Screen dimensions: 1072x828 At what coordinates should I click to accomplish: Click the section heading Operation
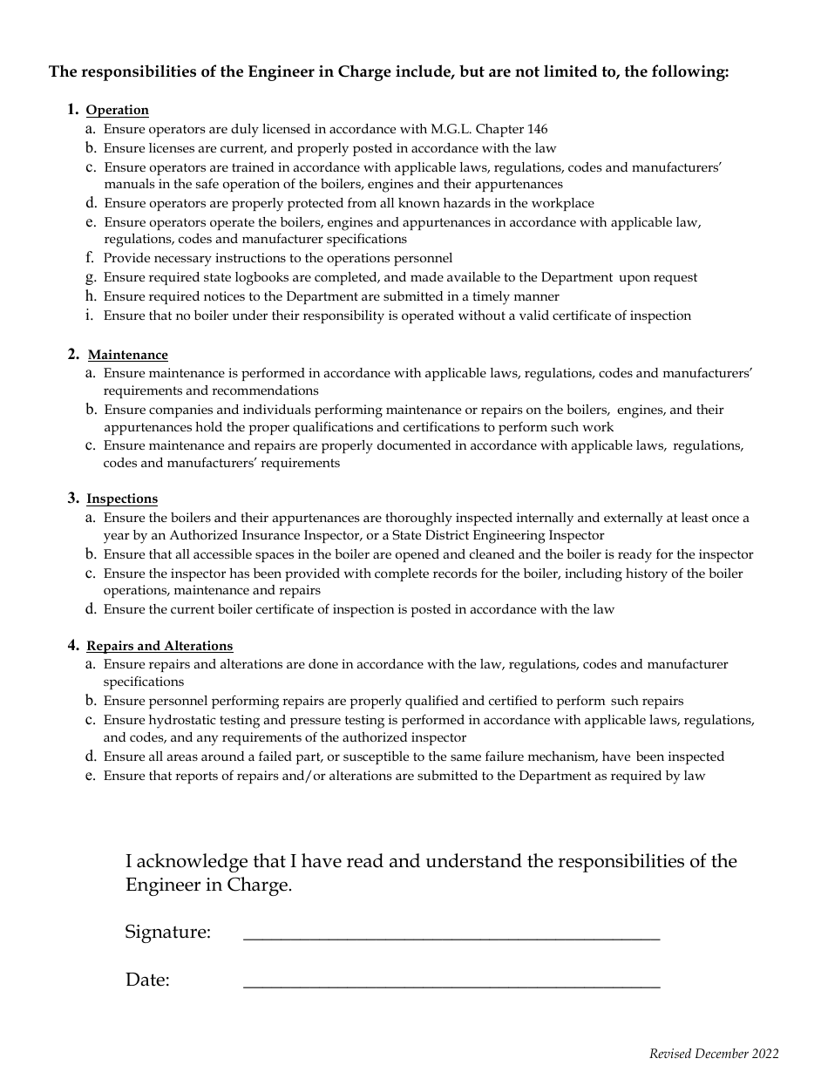pyautogui.click(x=118, y=110)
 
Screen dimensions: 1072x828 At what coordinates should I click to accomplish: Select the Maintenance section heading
pyautogui.click(x=128, y=355)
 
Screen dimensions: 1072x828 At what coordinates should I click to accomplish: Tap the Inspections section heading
pyautogui.click(x=122, y=499)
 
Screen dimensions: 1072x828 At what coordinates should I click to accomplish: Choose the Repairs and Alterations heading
pyautogui.click(x=159, y=646)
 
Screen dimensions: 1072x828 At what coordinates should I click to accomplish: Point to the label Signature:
pyautogui.click(x=168, y=933)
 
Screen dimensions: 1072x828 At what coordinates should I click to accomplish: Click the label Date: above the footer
pyautogui.click(x=147, y=980)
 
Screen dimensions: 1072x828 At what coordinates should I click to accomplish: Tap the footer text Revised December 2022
pyautogui.click(x=714, y=1054)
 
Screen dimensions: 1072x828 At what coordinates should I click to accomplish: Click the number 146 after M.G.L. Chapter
pyautogui.click(x=538, y=129)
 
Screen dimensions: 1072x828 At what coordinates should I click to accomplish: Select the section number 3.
pyautogui.click(x=73, y=498)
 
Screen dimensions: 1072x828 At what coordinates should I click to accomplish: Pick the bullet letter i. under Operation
pyautogui.click(x=89, y=315)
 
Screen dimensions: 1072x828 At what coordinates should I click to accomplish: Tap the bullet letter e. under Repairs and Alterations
pyautogui.click(x=90, y=776)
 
